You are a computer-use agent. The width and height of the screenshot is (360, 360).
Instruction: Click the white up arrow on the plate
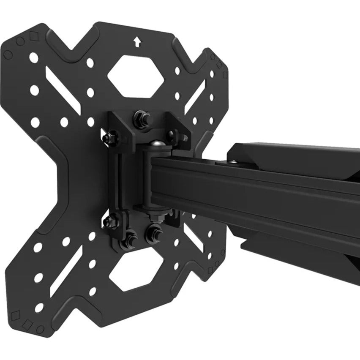click(136, 41)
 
